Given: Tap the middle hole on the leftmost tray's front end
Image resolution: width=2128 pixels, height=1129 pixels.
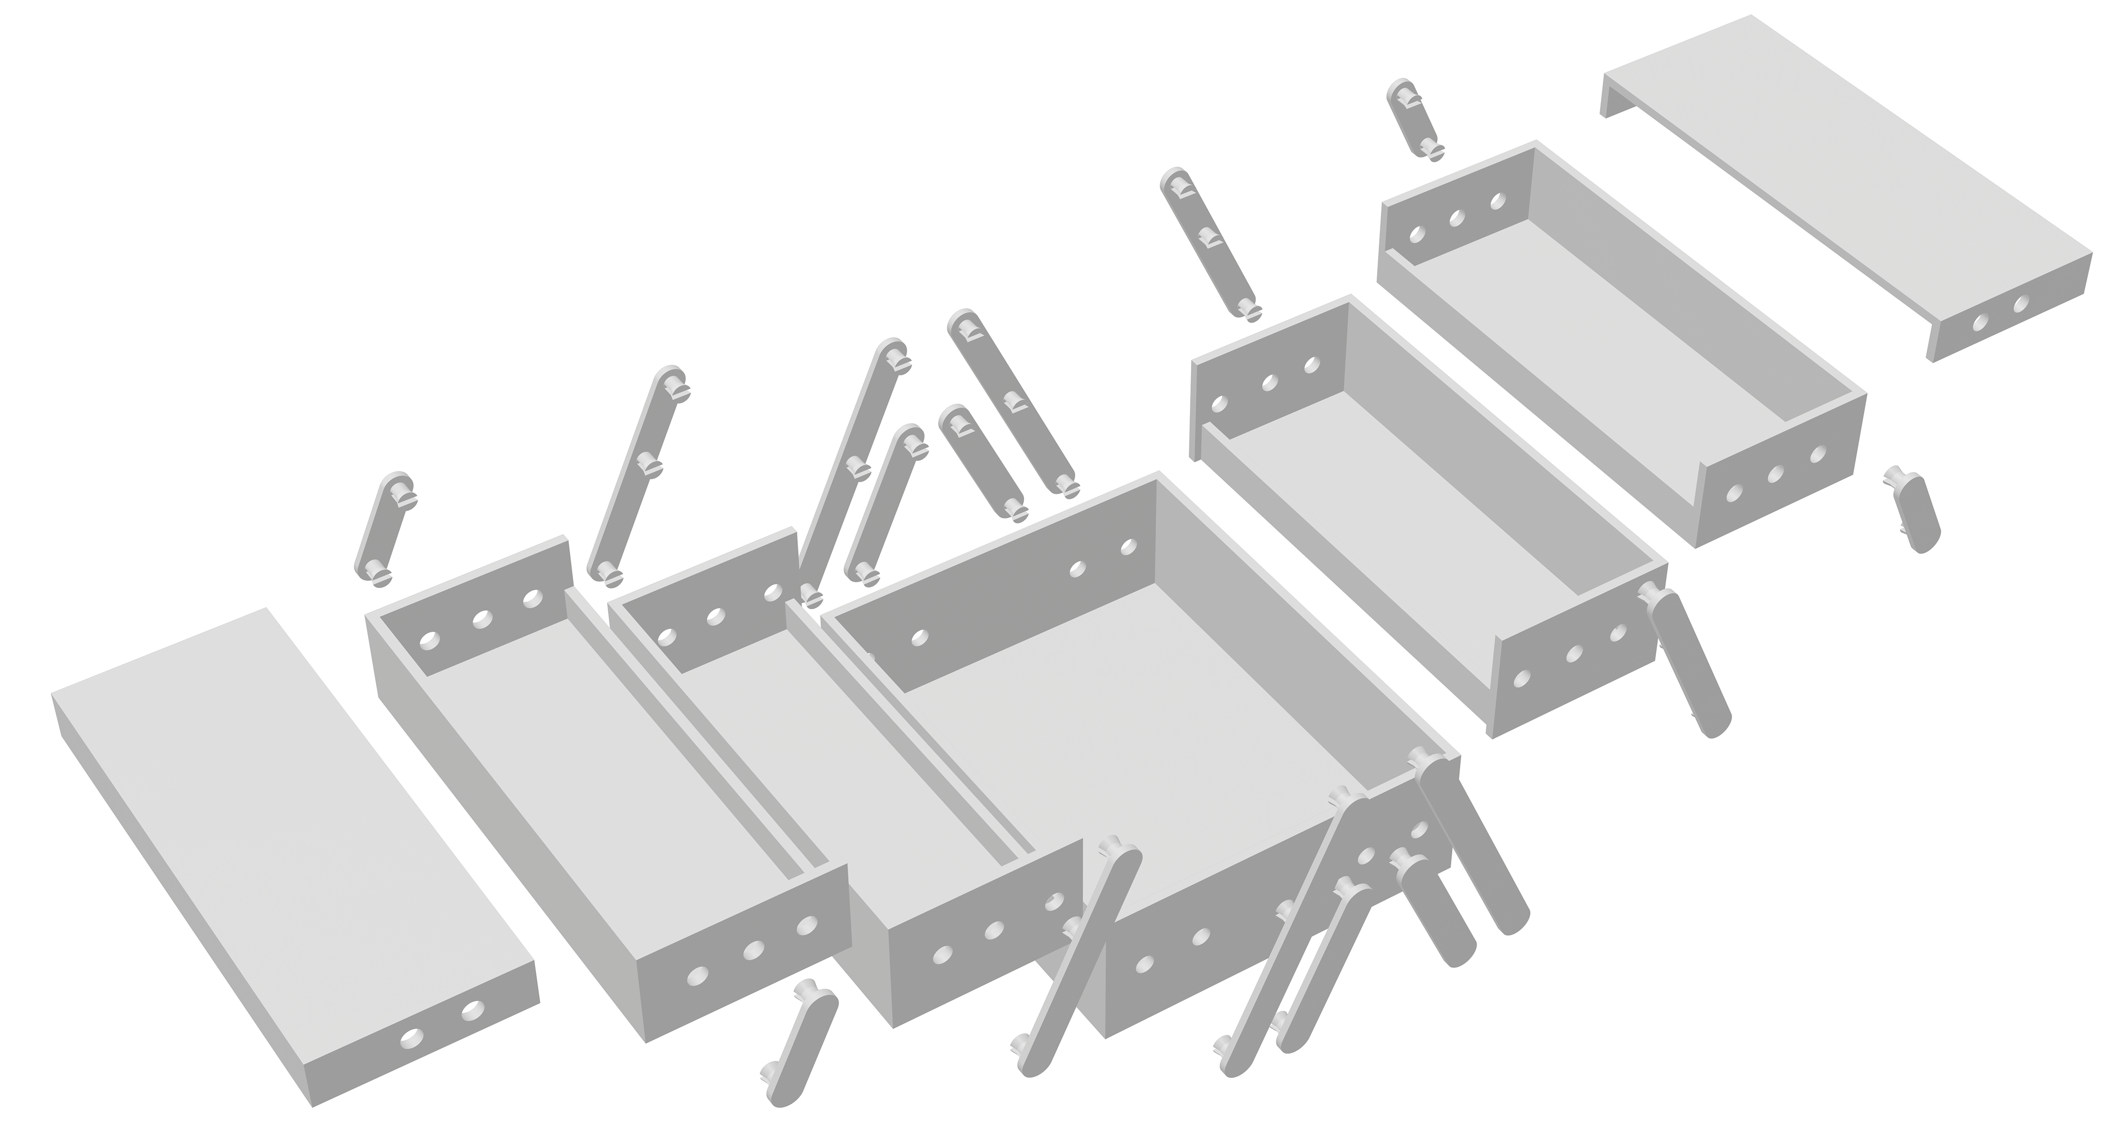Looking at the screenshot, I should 753,950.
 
